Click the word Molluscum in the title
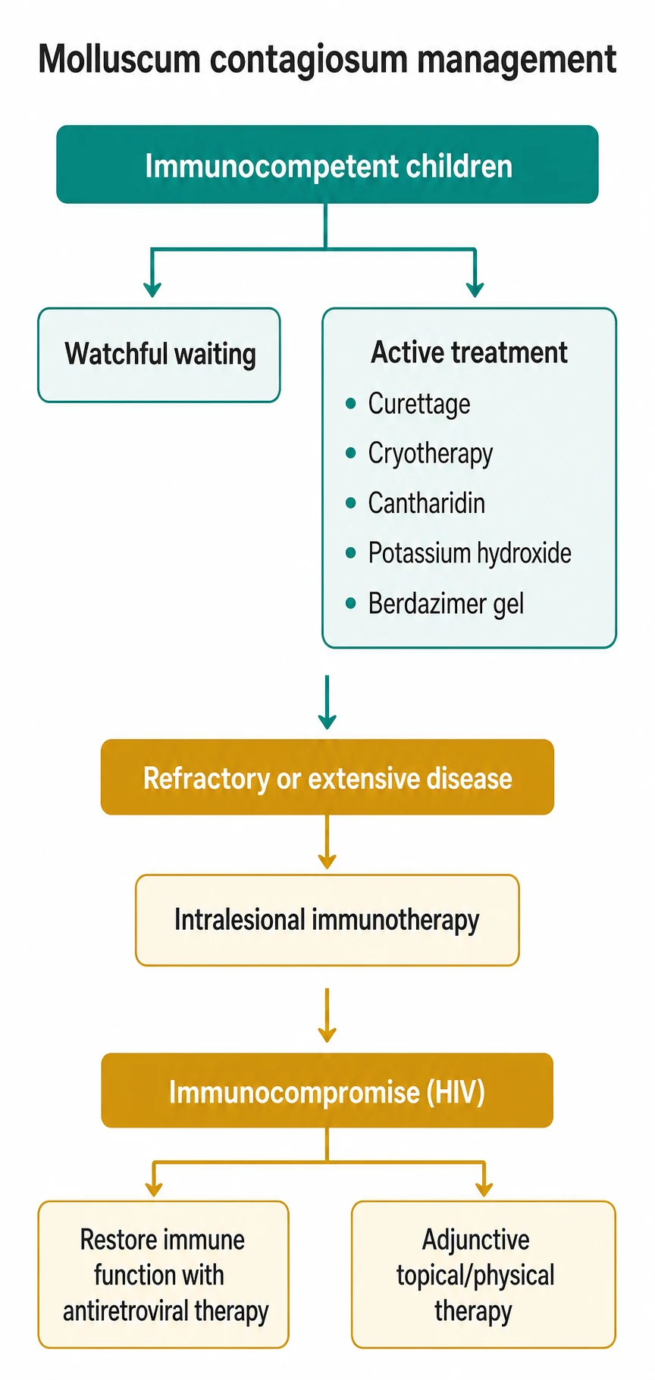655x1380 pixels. tap(119, 60)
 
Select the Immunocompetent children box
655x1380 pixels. tap(327, 164)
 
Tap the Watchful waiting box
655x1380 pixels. tap(159, 355)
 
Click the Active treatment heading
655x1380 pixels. tap(469, 352)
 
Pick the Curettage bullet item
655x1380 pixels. tap(419, 404)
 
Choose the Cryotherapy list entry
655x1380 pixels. tap(431, 454)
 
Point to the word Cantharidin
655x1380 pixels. tap(427, 503)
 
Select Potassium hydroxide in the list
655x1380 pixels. tap(470, 553)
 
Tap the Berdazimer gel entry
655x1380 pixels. tap(446, 604)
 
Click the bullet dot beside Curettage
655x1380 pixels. tap(350, 404)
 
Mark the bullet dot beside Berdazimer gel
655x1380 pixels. tap(350, 604)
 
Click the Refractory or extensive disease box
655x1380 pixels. tap(327, 778)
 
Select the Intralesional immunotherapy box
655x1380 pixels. tap(327, 920)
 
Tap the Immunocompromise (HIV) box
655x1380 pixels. tap(327, 1091)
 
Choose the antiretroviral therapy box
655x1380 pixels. tap(164, 1275)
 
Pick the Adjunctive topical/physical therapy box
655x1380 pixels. tap(484, 1275)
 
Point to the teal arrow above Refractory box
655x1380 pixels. tap(327, 703)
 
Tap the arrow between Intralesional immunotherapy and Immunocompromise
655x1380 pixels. tap(327, 1015)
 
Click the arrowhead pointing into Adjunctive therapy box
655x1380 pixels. tap(484, 1189)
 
